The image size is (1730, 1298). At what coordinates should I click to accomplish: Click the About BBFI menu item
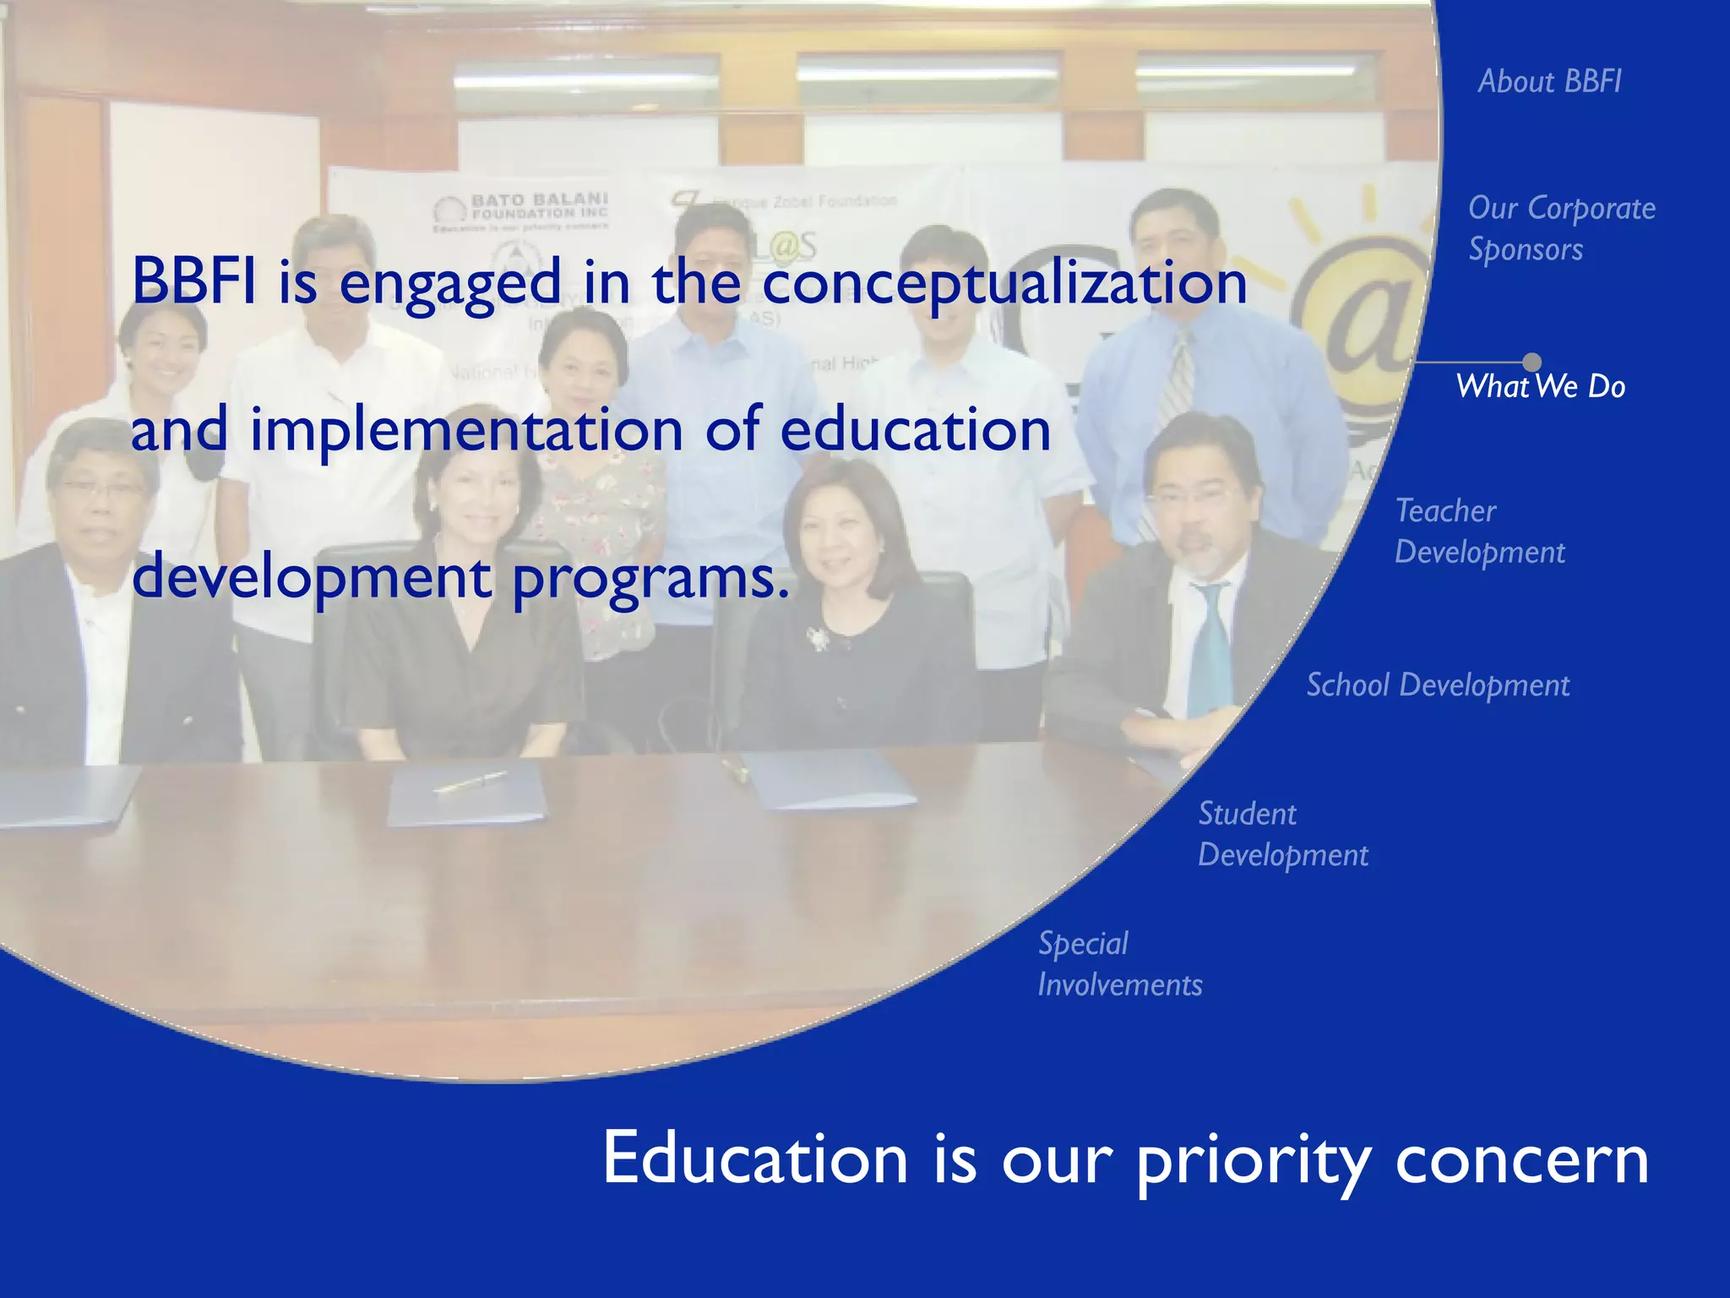pos(1549,81)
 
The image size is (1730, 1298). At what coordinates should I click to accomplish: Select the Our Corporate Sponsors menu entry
pos(1561,228)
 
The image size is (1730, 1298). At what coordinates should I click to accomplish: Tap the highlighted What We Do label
pos(1540,386)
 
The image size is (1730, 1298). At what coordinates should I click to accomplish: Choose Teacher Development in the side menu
pos(1479,531)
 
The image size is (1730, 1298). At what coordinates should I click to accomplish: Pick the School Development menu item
pos(1438,684)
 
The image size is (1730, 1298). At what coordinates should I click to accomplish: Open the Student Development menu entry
pos(1282,834)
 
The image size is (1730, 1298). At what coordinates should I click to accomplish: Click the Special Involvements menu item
pos(1119,964)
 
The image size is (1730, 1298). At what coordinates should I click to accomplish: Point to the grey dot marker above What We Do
pos(1531,363)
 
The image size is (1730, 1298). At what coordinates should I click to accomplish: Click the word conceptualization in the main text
pos(1004,283)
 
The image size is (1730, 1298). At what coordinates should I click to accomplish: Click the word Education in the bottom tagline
pos(754,1159)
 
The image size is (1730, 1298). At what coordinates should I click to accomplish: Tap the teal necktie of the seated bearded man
pos(1210,651)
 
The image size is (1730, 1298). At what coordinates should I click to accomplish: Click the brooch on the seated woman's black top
pos(817,638)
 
